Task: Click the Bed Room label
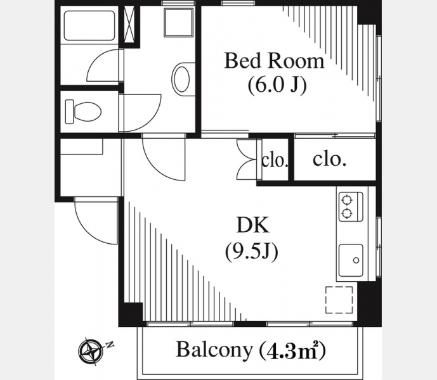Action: [274, 60]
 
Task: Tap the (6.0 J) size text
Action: [277, 85]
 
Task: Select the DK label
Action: [253, 225]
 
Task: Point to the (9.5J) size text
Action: [251, 251]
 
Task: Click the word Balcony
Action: [214, 350]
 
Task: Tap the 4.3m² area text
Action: [292, 350]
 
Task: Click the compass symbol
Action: [90, 351]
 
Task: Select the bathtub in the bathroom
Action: [89, 25]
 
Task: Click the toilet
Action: [83, 111]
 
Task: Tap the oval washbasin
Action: [182, 79]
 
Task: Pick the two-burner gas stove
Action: [350, 206]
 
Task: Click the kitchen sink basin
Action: [351, 260]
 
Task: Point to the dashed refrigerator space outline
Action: [339, 300]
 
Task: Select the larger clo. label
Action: [329, 159]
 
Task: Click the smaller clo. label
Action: [275, 161]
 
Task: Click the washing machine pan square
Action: [178, 22]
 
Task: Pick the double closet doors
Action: [246, 160]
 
